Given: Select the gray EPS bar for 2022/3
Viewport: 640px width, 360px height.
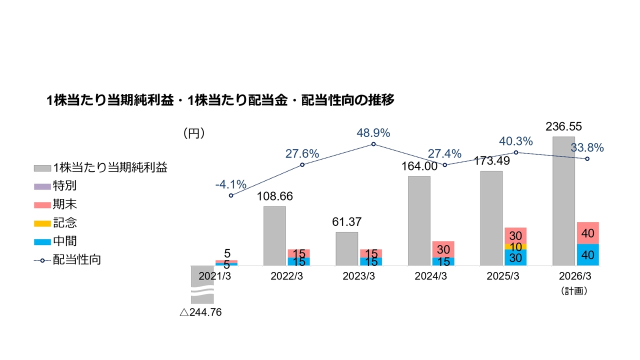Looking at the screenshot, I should click(274, 235).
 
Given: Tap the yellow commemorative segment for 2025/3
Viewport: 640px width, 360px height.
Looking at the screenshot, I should click(515, 246).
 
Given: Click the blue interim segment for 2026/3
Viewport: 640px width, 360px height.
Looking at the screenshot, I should click(587, 254).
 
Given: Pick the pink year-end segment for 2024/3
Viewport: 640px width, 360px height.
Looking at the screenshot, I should click(443, 249).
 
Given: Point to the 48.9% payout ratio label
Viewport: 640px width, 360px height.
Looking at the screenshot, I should click(373, 133).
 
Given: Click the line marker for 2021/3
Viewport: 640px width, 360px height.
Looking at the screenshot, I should click(231, 195).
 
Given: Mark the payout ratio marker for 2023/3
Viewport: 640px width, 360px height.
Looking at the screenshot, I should click(373, 144).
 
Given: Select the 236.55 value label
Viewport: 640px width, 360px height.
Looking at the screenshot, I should click(563, 126).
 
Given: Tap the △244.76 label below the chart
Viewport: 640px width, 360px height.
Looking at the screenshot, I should click(200, 312).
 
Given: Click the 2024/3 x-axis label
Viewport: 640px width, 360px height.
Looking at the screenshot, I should click(430, 276).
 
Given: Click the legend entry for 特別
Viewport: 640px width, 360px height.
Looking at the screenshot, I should click(64, 186).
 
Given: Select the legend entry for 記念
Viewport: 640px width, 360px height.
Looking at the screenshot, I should click(64, 222).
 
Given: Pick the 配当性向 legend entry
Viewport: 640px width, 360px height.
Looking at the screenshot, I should click(77, 259).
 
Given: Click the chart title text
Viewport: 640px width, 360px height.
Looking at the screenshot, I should click(220, 100).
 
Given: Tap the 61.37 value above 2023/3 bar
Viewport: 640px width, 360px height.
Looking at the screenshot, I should click(346, 222).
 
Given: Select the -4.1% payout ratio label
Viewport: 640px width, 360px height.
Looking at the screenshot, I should click(230, 184).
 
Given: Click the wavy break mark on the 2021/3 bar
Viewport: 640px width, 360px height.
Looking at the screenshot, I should click(202, 291).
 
